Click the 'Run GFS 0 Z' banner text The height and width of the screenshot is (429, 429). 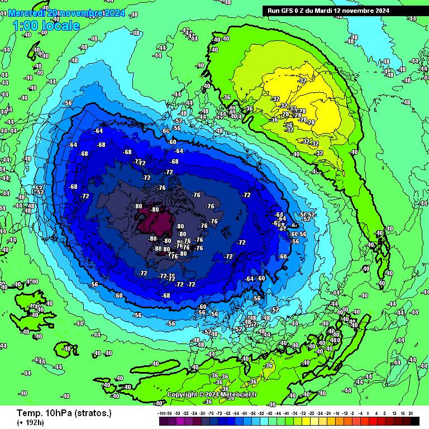pos(290,11)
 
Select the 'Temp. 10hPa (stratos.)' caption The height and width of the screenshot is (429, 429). pos(64,413)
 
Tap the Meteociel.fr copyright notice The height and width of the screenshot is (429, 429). pos(212,394)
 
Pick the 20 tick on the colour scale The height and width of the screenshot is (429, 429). pos(411,413)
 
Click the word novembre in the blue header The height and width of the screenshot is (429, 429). pos(80,12)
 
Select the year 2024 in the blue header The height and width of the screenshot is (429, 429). pos(114,12)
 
